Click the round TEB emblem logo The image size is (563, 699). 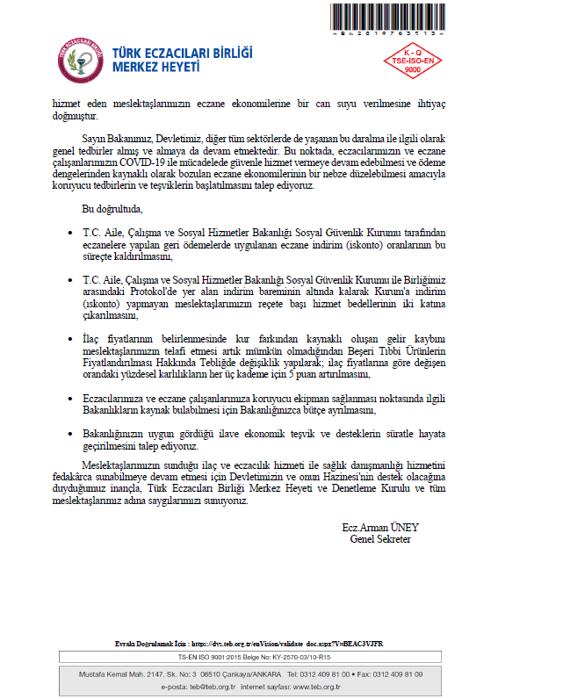tap(82, 58)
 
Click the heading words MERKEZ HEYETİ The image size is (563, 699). tap(156, 68)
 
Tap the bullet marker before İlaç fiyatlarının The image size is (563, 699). tap(71, 337)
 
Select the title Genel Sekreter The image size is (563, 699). tap(380, 539)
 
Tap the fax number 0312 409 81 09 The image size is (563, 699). tap(391, 674)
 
